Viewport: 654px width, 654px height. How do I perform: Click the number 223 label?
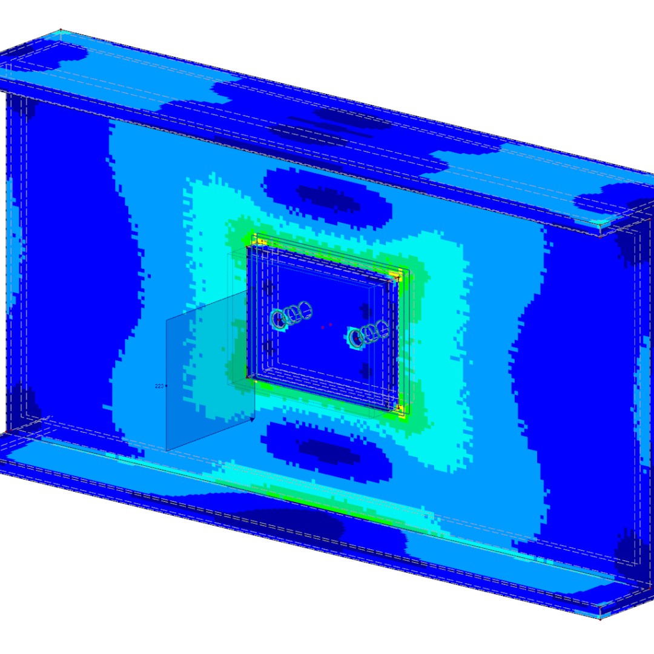pos(159,386)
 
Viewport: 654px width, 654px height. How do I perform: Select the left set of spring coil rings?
pos(293,314)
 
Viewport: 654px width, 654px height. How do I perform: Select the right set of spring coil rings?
pos(368,333)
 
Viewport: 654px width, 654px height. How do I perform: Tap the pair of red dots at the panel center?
pos(326,326)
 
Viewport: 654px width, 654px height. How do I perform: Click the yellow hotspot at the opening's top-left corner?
pos(259,240)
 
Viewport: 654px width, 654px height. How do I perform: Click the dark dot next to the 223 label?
pos(166,386)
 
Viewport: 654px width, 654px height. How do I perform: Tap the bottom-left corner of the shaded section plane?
pos(167,451)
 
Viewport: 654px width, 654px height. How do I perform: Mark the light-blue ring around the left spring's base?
pos(278,320)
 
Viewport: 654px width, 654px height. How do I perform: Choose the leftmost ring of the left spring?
pos(279,319)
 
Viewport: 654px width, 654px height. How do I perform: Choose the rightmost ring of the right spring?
pos(382,329)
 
